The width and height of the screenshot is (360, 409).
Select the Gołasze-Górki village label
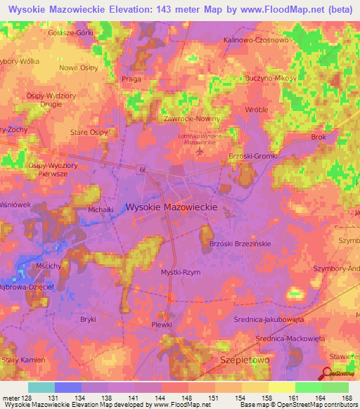[69, 34]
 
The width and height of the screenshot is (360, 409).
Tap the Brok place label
[319, 137]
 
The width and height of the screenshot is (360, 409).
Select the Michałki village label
[81, 210]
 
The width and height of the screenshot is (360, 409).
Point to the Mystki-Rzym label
[181, 272]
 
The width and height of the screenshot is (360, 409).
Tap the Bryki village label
[88, 319]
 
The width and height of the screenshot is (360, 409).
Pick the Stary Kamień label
[23, 360]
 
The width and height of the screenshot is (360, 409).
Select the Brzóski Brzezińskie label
[240, 243]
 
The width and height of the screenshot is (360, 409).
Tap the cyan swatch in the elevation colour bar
[41, 388]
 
